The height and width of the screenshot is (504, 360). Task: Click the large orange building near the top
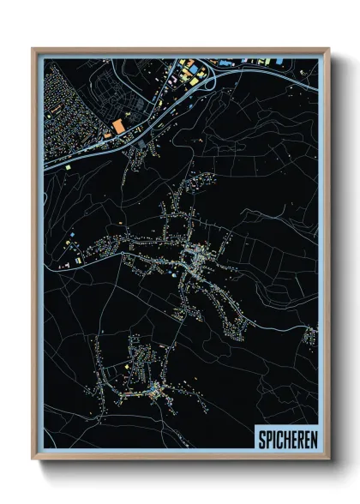(117, 126)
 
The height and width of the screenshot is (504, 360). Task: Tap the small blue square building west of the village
(74, 232)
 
